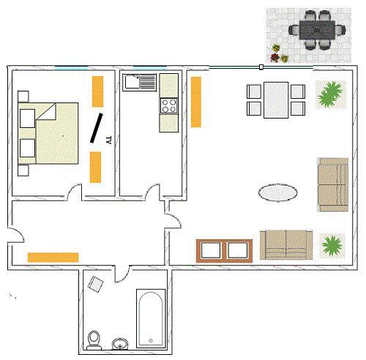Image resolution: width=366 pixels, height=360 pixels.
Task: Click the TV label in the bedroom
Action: point(109,140)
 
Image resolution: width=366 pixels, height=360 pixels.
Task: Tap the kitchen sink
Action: point(140,83)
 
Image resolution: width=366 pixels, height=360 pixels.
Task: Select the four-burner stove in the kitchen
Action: point(169,106)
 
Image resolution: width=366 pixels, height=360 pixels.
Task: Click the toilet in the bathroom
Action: point(94,340)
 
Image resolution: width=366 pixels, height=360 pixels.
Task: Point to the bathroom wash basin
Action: point(120,344)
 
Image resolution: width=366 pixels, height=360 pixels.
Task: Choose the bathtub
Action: point(151,318)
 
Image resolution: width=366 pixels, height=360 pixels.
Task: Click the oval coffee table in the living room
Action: point(277,192)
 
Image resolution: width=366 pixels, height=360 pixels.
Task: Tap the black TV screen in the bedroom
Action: point(97,128)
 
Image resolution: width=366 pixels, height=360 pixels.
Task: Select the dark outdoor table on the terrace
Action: point(317,31)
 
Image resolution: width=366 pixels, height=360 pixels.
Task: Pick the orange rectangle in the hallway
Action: point(53,258)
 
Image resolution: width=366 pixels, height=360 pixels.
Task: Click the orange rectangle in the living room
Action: point(196,102)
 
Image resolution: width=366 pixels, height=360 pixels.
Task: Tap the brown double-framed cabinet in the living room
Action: point(224,251)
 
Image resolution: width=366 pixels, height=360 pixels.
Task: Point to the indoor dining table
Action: point(276,100)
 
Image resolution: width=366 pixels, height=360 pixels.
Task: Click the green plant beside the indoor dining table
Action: point(331,94)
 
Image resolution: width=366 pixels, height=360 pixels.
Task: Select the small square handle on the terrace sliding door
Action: point(261,67)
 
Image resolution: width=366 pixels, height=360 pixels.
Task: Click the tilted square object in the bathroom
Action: point(95,284)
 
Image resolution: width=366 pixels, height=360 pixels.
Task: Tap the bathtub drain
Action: point(151,340)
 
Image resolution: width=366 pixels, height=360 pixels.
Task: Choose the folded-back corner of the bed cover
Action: point(46,112)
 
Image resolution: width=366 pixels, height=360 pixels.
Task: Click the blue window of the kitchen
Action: point(150,67)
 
